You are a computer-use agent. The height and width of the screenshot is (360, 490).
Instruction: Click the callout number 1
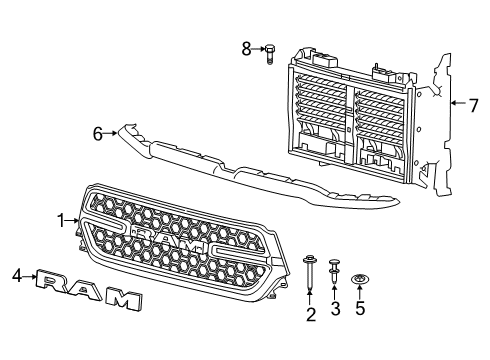coord(60,220)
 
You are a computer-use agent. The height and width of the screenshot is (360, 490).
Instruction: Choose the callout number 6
coord(99,131)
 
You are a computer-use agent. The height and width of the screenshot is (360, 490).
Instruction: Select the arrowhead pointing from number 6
coord(116,131)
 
